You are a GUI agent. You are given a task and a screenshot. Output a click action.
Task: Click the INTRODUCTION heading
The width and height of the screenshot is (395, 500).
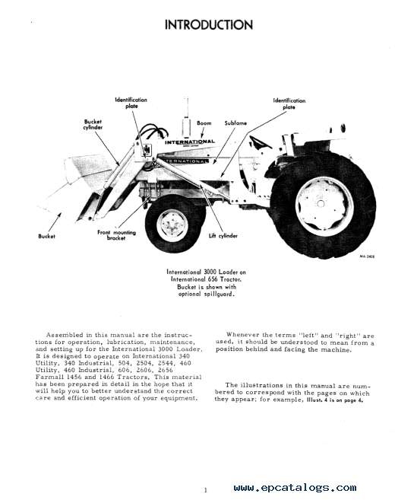[209, 25]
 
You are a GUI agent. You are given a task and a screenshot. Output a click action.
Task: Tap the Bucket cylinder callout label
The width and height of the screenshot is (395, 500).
[93, 124]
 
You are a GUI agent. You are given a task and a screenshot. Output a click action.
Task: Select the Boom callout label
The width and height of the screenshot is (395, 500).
[204, 123]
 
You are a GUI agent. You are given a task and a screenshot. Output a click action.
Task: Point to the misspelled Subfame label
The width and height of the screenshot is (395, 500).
[235, 123]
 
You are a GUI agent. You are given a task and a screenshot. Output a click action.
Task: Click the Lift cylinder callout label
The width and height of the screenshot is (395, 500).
[223, 236]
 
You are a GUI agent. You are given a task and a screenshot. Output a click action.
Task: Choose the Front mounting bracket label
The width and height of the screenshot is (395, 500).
[116, 235]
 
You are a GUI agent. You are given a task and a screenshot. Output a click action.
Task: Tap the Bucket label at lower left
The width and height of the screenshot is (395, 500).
[46, 236]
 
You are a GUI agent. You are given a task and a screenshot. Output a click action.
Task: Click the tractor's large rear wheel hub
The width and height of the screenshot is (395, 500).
[321, 203]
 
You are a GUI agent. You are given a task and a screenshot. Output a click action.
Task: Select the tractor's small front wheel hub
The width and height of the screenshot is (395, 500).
[172, 225]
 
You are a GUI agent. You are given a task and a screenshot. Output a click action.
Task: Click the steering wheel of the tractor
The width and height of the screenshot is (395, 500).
[260, 142]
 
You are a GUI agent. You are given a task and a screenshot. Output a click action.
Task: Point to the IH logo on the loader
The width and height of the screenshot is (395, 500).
[147, 149]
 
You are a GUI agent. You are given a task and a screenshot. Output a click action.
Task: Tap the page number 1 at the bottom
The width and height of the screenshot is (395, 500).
[206, 490]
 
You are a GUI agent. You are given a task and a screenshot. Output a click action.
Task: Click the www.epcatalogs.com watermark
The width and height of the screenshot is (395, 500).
[295, 488]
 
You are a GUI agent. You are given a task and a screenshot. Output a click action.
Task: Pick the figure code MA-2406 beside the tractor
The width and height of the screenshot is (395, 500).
[367, 256]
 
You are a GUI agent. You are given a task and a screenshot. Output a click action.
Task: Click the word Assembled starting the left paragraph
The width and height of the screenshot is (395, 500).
[65, 335]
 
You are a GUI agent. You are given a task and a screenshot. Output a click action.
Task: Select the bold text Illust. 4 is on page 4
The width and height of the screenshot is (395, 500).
[335, 400]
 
